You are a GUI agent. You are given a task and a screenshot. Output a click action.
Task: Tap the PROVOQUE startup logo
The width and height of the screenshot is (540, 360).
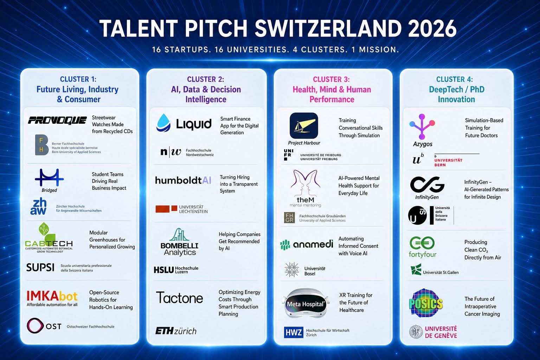(x=57, y=120)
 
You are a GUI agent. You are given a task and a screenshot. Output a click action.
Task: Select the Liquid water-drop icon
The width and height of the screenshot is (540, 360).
(x=163, y=123)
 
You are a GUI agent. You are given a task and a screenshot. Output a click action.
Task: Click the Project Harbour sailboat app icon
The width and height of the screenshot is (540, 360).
(x=304, y=126)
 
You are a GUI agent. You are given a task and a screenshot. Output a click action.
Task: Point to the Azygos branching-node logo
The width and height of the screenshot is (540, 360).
(x=422, y=127)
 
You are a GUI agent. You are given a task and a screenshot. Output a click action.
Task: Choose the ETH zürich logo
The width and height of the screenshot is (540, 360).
(x=176, y=331)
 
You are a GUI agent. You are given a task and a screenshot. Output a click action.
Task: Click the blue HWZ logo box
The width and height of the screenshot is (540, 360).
(x=294, y=333)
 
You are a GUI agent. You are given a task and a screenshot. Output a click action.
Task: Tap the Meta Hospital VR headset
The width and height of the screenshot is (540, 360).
(x=306, y=303)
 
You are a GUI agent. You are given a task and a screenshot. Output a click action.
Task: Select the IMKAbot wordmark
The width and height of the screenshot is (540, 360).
(x=52, y=296)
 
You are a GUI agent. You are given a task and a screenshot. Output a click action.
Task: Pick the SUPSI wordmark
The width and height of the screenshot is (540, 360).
(x=40, y=268)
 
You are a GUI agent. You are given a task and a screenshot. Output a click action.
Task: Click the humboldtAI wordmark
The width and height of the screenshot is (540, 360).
(x=183, y=180)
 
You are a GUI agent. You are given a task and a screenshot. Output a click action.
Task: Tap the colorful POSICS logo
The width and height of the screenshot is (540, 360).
(x=426, y=303)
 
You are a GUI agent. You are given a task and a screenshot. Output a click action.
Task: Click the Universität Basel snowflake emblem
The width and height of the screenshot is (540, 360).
(x=292, y=270)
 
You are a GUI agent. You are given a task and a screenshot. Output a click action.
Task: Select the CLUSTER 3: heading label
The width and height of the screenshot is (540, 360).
(x=331, y=79)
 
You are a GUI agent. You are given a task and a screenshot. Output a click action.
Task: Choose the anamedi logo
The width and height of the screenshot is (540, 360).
(x=307, y=244)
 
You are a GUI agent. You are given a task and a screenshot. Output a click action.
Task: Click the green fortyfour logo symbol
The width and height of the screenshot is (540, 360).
(x=422, y=243)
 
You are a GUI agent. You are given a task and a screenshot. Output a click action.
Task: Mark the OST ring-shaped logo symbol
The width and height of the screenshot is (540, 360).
(x=35, y=326)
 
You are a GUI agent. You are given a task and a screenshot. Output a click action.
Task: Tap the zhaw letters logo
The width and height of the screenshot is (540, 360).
(x=39, y=206)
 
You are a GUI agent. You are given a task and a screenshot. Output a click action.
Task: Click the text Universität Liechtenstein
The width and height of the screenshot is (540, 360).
(x=193, y=209)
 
